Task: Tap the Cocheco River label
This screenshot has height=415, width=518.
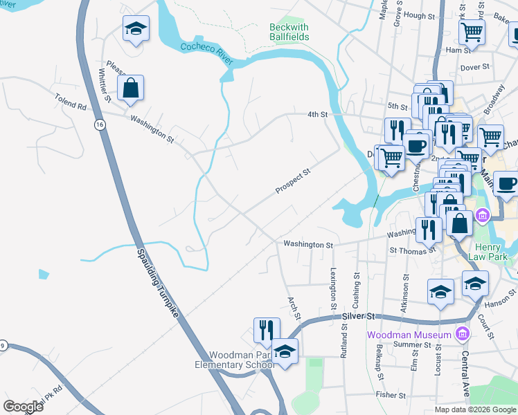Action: tap(206, 55)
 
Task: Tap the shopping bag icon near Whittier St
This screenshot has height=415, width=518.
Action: tap(130, 89)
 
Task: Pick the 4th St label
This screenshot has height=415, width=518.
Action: tap(316, 115)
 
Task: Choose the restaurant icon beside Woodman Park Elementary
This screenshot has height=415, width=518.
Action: tap(267, 330)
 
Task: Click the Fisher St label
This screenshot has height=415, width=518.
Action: tap(391, 395)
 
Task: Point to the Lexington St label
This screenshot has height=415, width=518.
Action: tap(334, 288)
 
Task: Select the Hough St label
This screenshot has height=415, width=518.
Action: tap(418, 15)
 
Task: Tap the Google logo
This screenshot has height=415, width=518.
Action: tap(23, 407)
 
